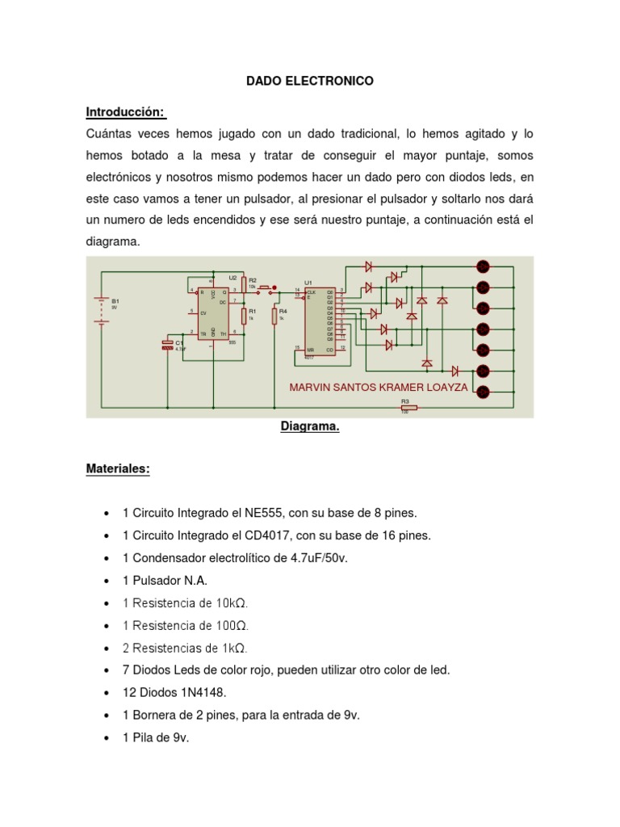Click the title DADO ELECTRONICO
[x=310, y=81]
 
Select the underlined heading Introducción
[x=126, y=111]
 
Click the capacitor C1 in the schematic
[x=167, y=345]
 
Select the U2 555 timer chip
[x=214, y=311]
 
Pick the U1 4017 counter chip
[x=320, y=319]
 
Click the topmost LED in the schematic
[x=484, y=267]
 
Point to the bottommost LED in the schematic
[x=484, y=393]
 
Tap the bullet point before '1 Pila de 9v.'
[x=107, y=738]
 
